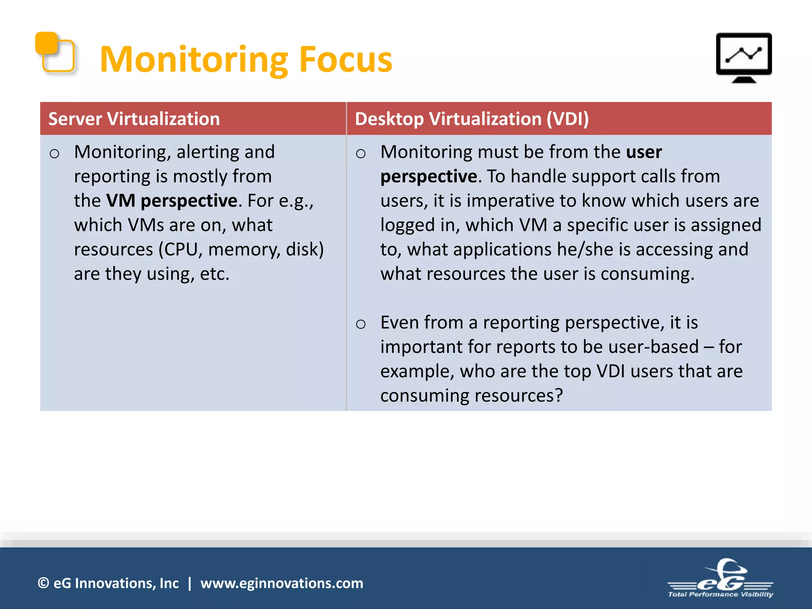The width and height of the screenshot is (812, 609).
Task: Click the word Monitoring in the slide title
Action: (193, 60)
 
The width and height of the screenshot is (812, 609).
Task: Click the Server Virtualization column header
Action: (134, 119)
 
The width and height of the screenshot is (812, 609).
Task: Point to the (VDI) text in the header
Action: (567, 119)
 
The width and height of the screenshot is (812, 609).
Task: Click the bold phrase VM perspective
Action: (172, 201)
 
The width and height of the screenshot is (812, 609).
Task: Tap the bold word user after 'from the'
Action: (643, 152)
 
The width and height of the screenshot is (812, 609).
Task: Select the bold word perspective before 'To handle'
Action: (429, 176)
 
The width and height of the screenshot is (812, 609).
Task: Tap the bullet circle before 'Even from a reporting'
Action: (360, 324)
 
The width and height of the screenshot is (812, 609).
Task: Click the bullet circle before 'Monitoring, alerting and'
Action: (54, 153)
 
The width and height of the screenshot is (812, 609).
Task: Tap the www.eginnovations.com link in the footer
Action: (282, 583)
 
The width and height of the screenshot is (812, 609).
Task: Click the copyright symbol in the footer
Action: (43, 583)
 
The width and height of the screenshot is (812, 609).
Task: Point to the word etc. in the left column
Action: (214, 274)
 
